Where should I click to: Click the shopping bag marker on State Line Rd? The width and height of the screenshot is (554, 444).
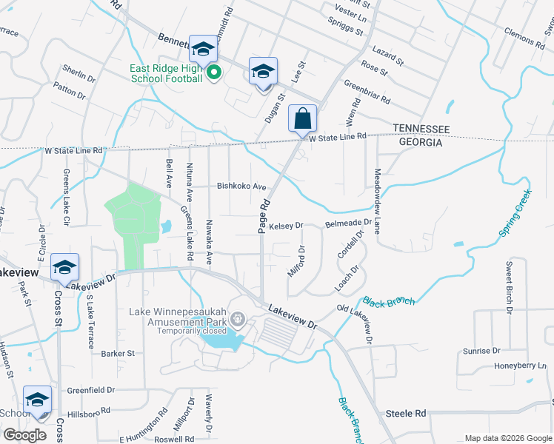302,118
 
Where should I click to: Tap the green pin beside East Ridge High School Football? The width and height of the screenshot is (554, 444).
214,73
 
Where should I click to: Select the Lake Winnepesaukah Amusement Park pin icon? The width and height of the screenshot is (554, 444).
237,320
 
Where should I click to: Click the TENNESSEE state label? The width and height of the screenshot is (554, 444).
421,129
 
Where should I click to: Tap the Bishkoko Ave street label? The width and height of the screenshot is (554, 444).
241,186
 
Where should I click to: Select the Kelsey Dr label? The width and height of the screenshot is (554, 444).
287,226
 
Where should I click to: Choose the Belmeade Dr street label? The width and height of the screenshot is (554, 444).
348,223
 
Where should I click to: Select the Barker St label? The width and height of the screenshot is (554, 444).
118,354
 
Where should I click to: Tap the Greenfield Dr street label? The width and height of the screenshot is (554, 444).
91,390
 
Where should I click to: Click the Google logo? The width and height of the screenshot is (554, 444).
25,435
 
